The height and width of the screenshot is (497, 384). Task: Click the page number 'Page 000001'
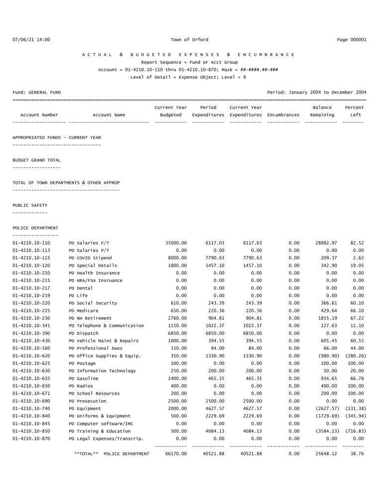(x=352, y=40)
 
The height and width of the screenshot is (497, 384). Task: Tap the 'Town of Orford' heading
(x=190, y=40)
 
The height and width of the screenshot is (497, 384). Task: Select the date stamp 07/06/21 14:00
(x=31, y=40)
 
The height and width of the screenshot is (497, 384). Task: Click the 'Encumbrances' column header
(x=283, y=115)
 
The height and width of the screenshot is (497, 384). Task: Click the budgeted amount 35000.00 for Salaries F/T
(x=176, y=243)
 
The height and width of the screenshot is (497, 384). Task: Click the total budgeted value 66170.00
(x=176, y=454)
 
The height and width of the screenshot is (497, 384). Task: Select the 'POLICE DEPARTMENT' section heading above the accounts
(x=35, y=228)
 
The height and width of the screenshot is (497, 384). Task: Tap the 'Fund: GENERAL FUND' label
(x=37, y=92)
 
